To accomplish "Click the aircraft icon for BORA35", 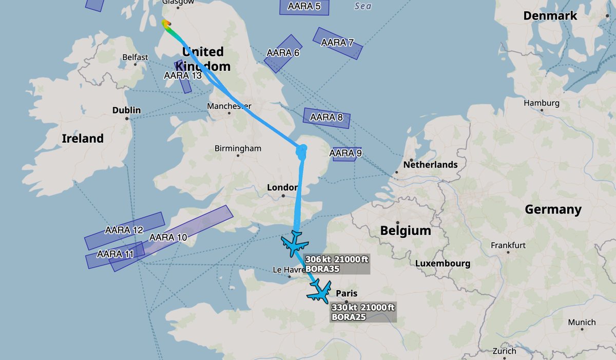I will click(x=295, y=244).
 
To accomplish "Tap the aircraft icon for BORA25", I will click(x=320, y=291).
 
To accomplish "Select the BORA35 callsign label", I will click(x=322, y=269).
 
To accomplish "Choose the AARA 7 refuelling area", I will click(x=337, y=43).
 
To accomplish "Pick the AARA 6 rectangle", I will click(x=283, y=53).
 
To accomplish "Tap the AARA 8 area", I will click(x=326, y=118).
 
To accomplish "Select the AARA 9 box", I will click(x=345, y=153).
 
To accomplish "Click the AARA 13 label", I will click(x=183, y=75).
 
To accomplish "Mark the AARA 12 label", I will click(x=124, y=230).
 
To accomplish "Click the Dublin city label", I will click(x=126, y=110).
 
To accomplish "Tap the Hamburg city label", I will click(x=541, y=103).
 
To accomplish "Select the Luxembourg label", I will click(x=443, y=263).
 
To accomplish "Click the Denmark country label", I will click(x=550, y=16).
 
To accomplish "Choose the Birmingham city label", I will click(x=238, y=148).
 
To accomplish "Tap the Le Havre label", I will click(x=285, y=270).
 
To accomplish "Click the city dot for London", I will click(x=283, y=196).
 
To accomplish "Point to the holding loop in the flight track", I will click(x=301, y=151).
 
